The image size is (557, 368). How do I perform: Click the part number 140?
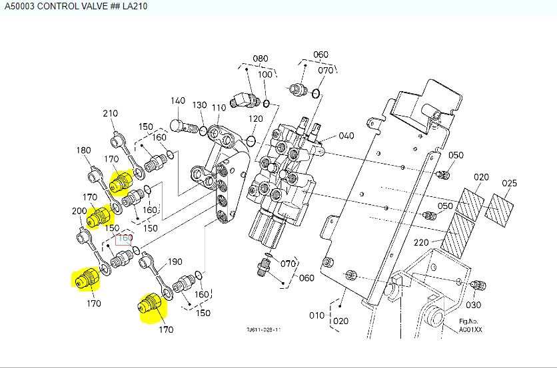tap(177, 101)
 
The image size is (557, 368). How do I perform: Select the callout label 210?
tap(111, 114)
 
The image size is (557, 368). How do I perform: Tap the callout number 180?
tap(83, 150)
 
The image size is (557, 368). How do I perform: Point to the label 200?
tap(79, 212)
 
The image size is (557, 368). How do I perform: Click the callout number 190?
tap(175, 262)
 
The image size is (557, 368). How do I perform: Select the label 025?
tap(509, 182)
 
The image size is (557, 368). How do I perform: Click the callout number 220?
tap(422, 243)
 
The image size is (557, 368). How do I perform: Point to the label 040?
tap(346, 136)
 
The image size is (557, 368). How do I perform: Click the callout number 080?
tap(260, 59)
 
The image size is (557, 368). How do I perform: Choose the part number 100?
tap(265, 75)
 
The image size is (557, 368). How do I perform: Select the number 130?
tap(200, 106)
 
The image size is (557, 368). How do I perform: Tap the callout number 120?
tap(256, 119)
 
